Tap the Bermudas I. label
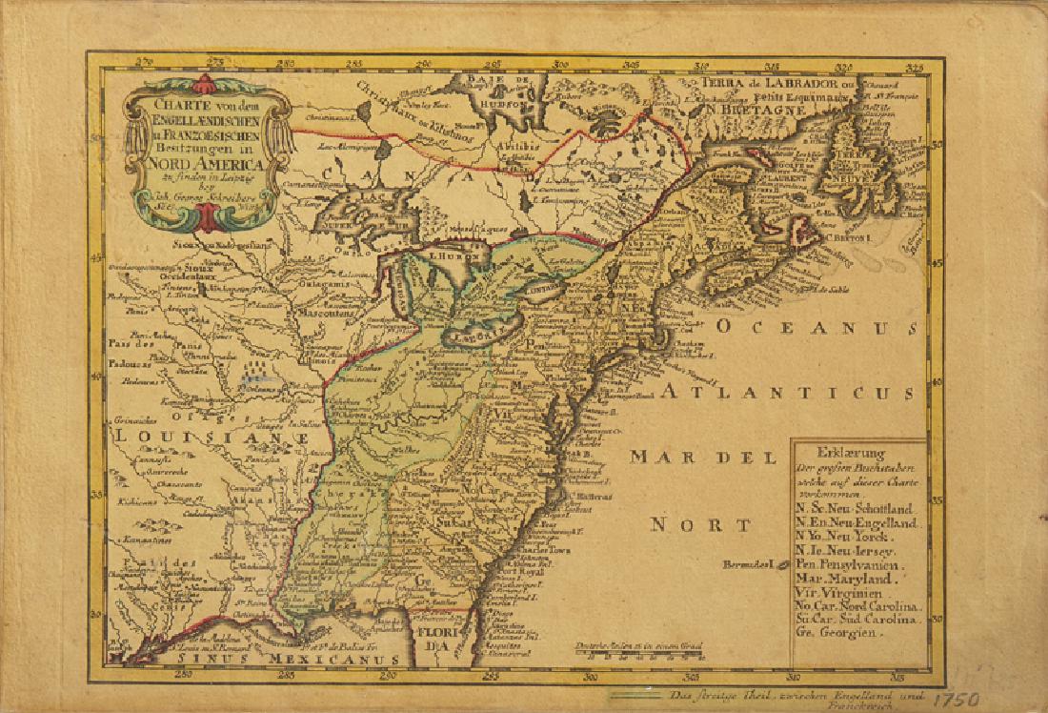[753, 563]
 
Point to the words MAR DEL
[690, 457]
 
